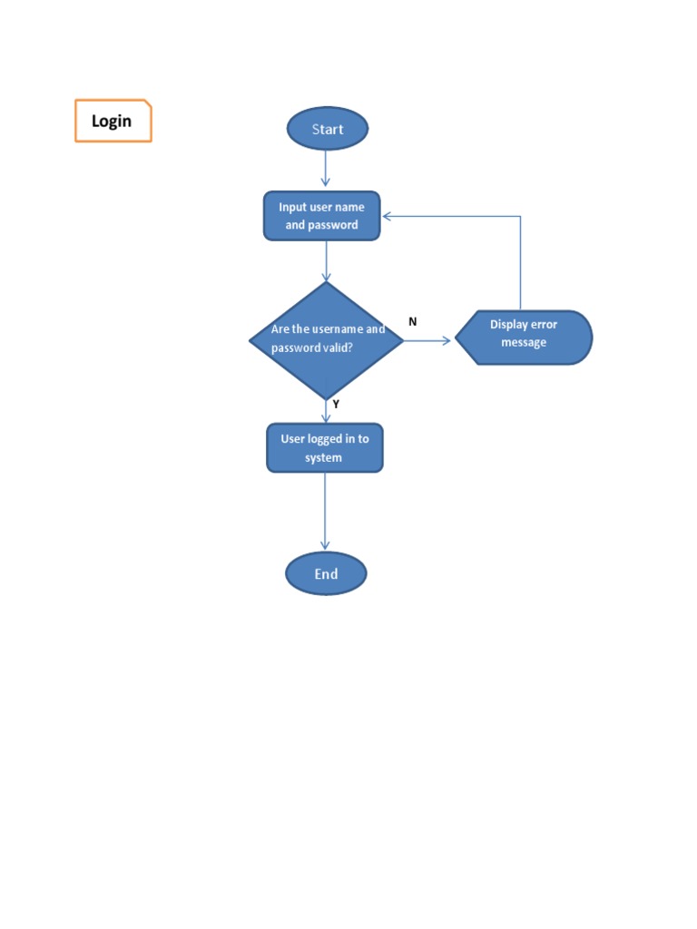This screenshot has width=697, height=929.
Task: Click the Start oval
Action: [x=328, y=129]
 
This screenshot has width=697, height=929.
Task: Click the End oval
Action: [x=326, y=573]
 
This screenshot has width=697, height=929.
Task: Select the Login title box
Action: [x=113, y=121]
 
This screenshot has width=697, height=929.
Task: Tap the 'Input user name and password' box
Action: [x=321, y=216]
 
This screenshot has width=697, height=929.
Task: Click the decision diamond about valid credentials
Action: [x=326, y=340]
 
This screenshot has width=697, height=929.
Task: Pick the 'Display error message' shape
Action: [x=524, y=337]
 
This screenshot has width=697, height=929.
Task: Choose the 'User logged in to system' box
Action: [x=324, y=448]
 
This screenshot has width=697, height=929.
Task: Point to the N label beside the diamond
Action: [x=413, y=321]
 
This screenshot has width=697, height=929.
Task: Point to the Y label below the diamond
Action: [x=336, y=405]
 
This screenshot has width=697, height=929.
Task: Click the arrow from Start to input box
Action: [x=326, y=170]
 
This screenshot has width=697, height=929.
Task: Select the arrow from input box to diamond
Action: [x=326, y=261]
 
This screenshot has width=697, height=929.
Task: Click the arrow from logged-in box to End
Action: [x=325, y=512]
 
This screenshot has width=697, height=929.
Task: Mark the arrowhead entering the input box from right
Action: [x=388, y=216]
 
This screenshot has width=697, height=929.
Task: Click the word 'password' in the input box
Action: [x=333, y=225]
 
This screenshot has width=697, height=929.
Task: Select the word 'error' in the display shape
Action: [x=539, y=324]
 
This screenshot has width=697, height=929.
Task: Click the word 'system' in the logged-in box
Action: [x=324, y=458]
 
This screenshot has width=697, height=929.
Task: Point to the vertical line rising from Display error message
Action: [x=520, y=263]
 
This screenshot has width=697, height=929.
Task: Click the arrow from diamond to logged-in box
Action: [x=326, y=412]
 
